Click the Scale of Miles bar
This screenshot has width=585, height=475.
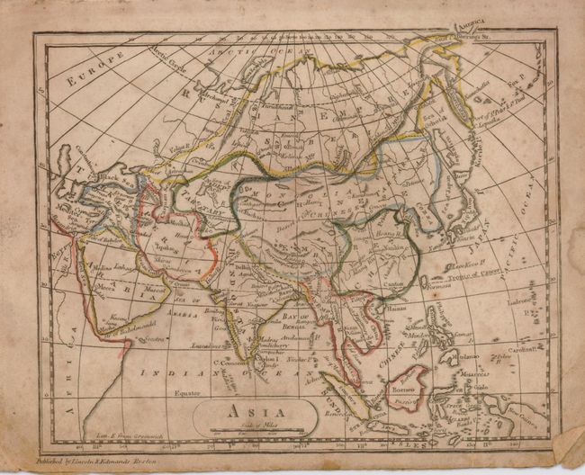[255, 432]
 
